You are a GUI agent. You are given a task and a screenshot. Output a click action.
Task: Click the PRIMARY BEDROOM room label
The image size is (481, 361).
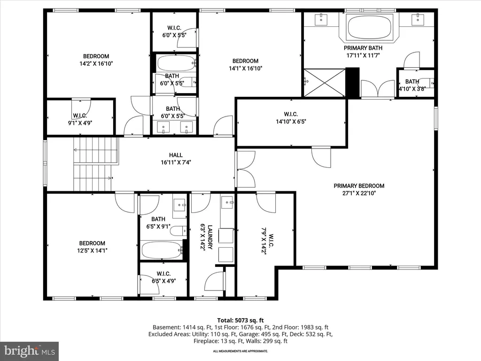pos(359,186)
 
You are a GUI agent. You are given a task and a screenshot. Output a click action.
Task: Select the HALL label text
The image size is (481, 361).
pos(176,155)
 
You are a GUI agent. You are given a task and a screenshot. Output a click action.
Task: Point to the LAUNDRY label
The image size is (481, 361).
pos(210,237)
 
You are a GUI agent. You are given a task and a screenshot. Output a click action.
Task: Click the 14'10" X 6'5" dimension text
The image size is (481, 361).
pos(291,122)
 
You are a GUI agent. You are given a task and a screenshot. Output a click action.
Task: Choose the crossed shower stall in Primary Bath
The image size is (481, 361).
pos(325,83)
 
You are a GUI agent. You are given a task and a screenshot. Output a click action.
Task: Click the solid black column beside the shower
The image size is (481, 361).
pos(352,83)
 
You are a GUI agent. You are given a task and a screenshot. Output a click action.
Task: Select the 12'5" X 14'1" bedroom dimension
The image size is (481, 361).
pos(92,251)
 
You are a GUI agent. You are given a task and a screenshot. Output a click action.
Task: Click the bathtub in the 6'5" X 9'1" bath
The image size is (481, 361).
pos(162,250)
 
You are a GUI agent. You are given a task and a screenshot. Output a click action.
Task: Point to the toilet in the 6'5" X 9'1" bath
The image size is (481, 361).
pos(178,231)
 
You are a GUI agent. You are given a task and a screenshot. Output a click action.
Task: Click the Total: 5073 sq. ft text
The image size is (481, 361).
pos(240,321)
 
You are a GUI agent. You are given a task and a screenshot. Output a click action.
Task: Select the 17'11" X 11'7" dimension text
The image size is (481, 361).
pos(363,55)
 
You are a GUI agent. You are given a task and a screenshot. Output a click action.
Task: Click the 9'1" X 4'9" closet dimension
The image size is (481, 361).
pos(80,123)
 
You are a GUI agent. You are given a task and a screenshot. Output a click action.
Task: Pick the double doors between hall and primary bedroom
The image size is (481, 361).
pos(245,169)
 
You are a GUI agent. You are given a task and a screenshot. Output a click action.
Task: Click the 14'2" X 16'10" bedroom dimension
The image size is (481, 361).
pos(96,64)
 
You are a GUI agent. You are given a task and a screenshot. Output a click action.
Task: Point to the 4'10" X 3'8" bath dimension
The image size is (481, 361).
pos(412,89)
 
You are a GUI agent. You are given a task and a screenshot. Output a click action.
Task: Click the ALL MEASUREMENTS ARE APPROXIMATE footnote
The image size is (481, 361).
pos(240,351)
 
